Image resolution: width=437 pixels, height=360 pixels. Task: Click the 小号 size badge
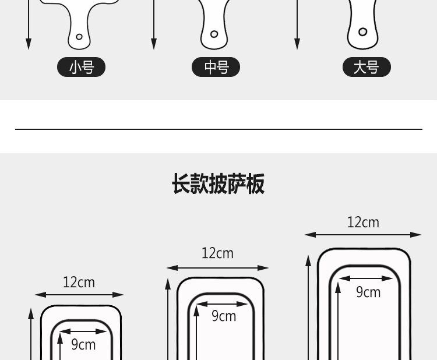coord(81,67)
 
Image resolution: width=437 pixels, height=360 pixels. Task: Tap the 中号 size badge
coord(216,67)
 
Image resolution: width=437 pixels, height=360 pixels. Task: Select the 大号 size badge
coord(366,67)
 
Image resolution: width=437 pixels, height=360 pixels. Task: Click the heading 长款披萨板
coord(218,183)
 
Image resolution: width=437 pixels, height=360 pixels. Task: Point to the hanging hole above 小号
coord(79,37)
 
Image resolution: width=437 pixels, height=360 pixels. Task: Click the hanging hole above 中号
coord(214,34)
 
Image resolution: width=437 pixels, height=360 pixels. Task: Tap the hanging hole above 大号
coord(362,32)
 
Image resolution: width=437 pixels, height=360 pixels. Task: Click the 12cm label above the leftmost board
coord(79,283)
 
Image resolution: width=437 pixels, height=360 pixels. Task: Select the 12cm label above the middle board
coord(217,253)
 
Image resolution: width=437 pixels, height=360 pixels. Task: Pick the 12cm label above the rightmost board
coord(363,223)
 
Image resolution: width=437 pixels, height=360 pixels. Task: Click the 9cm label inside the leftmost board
coord(83,345)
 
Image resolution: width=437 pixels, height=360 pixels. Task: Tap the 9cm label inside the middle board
coord(224,316)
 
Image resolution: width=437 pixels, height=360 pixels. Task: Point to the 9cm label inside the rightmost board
coord(368,292)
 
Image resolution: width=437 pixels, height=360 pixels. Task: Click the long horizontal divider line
coord(218,129)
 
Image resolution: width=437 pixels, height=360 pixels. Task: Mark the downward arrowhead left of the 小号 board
coord(29,44)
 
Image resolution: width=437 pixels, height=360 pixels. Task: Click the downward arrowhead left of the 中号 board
coord(154,44)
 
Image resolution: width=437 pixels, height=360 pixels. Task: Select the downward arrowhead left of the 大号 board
coord(297,44)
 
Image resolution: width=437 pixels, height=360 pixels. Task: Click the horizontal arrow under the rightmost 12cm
coord(363,235)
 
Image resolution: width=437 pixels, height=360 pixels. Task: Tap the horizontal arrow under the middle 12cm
coord(217,268)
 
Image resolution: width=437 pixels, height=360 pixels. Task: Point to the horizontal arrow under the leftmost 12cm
coord(79,295)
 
